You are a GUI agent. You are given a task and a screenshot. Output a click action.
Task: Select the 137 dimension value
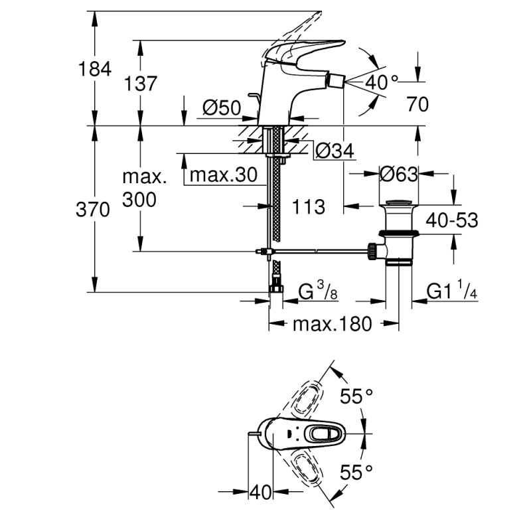coord(140,84)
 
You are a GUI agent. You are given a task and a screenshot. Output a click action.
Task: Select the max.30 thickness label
coord(222,175)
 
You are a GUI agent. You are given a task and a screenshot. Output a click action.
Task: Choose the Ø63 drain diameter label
coord(400,175)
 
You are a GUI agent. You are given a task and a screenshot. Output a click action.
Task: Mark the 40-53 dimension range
coord(452,220)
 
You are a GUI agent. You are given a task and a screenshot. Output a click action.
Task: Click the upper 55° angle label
coord(356,396)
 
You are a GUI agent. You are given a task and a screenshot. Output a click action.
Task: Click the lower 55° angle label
coord(356,472)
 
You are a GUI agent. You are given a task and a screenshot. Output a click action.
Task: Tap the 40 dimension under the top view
coord(261,493)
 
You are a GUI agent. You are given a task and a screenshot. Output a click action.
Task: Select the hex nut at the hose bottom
coord(275,289)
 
